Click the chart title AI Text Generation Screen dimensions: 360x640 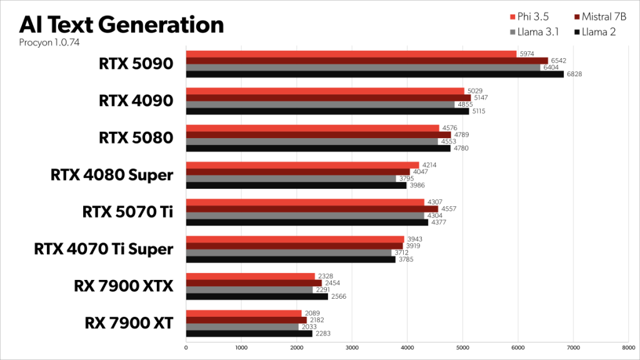click(121, 24)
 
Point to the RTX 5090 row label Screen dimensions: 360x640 click(135, 64)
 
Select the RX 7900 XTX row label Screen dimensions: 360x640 click(123, 286)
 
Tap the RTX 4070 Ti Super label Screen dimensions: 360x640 click(103, 249)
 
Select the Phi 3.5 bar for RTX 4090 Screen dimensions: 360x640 click(325, 91)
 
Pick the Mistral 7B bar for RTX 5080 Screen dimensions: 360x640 click(318, 134)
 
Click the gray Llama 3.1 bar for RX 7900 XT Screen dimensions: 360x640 click(242, 326)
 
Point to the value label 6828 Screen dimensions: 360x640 click(573, 74)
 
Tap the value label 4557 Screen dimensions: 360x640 click(448, 208)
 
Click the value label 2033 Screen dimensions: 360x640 click(308, 326)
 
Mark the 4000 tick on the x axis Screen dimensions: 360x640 click(407, 347)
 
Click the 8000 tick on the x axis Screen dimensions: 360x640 click(628, 347)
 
